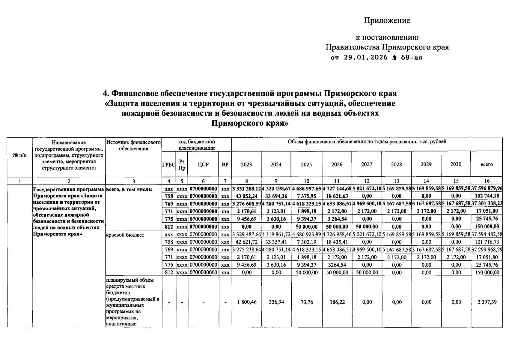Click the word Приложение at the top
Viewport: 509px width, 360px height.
pos(387,20)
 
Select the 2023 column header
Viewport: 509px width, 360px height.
pos(246,164)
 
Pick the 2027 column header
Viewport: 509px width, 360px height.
pos(367,164)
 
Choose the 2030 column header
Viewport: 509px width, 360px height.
pos(456,164)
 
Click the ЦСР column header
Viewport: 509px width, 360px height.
pos(203,164)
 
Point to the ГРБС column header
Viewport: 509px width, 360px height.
pos(169,164)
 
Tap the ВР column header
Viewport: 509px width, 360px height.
pos(225,164)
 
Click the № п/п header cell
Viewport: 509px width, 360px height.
pos(19,155)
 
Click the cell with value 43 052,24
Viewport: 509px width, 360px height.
pos(246,196)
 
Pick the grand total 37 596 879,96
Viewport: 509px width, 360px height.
pos(487,188)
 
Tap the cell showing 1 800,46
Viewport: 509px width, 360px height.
pos(246,302)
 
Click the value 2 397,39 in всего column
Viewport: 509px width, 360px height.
pos(487,302)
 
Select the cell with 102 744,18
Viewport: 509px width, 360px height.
pos(487,196)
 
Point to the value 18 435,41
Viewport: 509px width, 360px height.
pos(337,242)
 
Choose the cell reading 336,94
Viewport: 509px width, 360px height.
pos(276,302)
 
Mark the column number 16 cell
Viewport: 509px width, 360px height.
pos(487,181)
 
